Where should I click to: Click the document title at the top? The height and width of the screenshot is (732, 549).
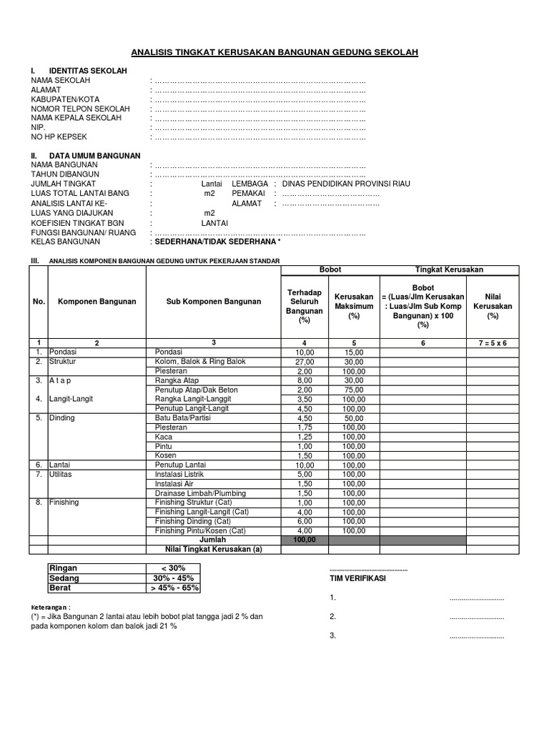point(274,52)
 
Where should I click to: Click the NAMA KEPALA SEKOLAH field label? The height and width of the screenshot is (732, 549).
point(76,117)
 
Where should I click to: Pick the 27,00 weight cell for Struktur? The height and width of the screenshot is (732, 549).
point(305,362)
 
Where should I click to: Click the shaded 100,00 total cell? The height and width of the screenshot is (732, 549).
point(305,540)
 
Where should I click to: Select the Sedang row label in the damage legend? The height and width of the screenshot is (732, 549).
point(64,578)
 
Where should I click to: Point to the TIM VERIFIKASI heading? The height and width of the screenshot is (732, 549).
point(357,578)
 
